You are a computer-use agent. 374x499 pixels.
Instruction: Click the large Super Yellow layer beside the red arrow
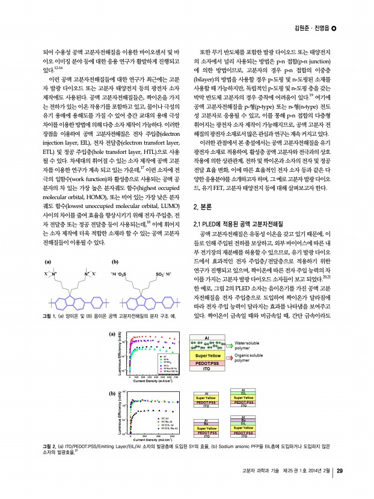point(207,356)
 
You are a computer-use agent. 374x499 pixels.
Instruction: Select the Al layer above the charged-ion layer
point(207,338)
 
